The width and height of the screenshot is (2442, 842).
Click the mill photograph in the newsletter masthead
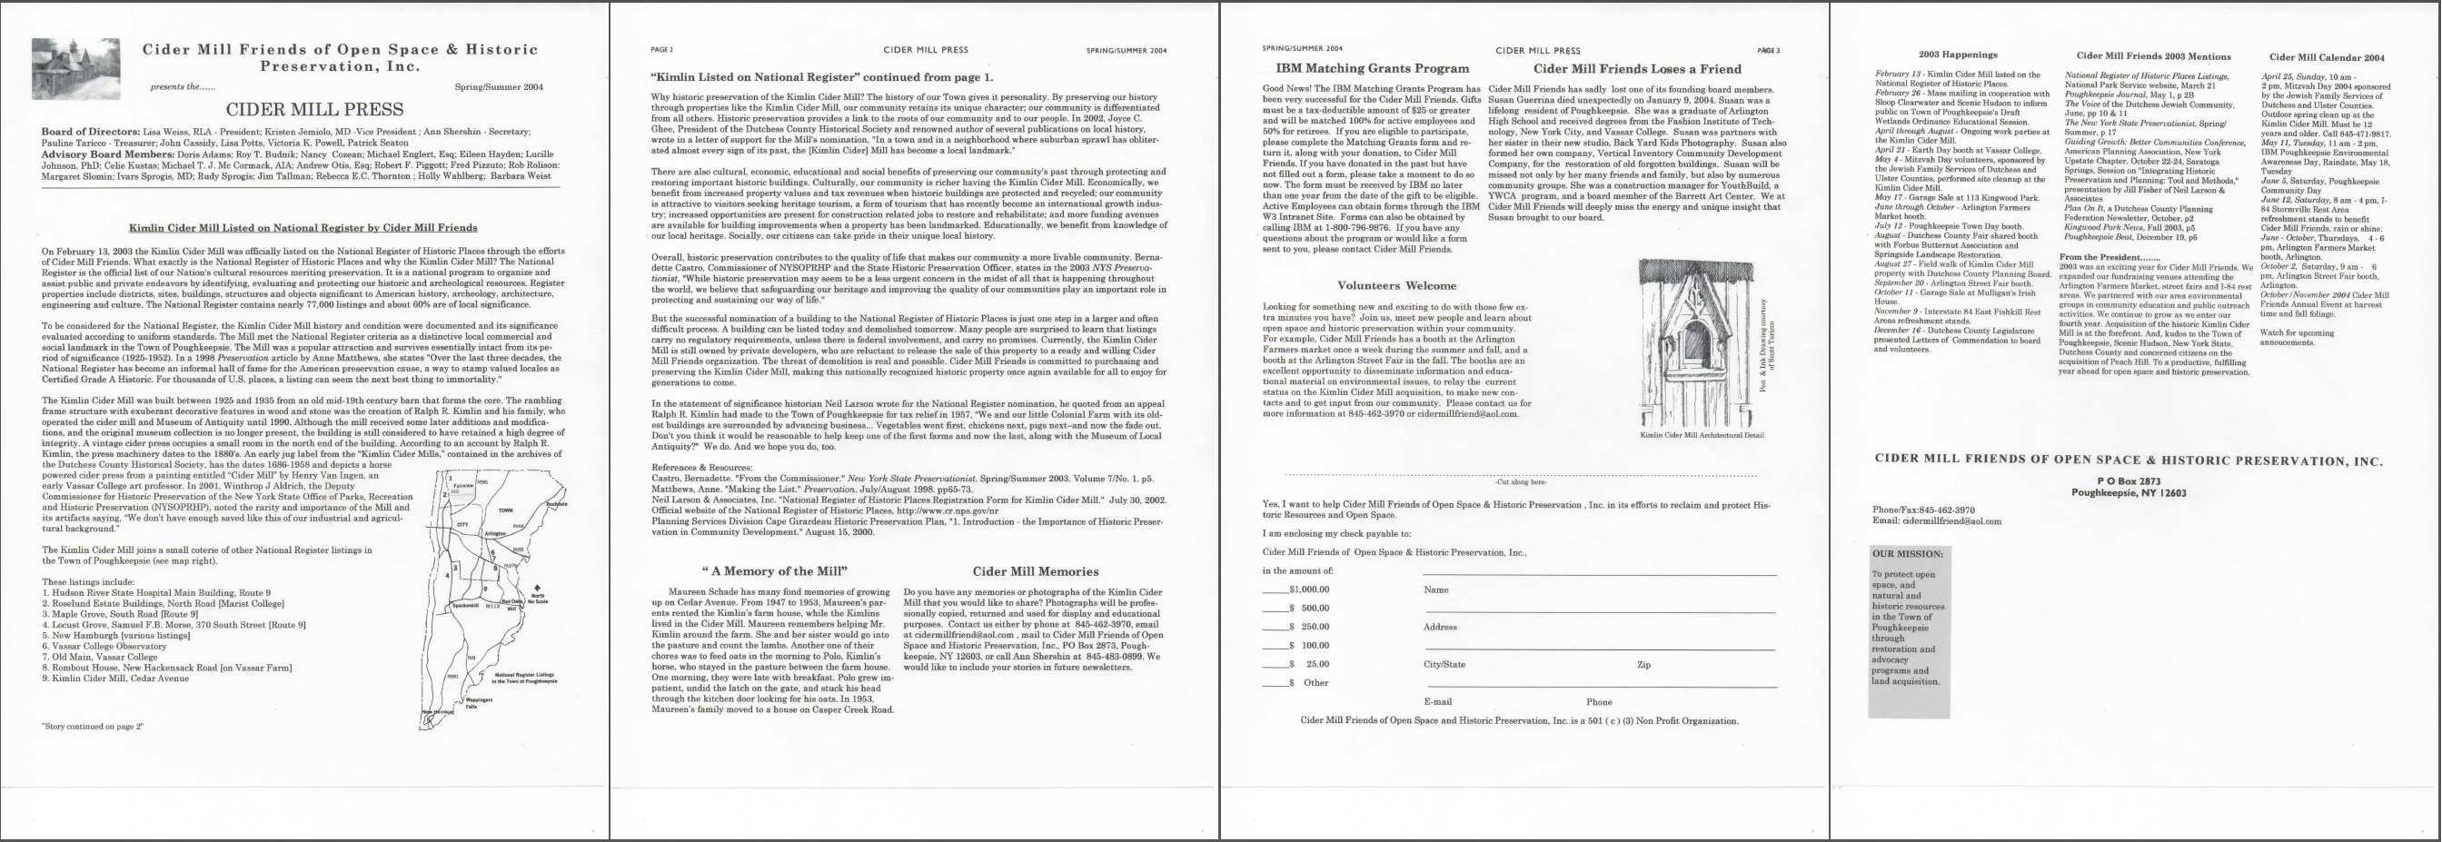(x=75, y=69)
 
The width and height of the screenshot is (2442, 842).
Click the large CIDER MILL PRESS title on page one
(x=302, y=110)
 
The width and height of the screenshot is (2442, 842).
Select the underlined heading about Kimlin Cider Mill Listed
(x=303, y=228)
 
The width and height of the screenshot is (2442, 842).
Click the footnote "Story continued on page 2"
(x=92, y=727)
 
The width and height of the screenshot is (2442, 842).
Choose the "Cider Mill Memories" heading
(x=1035, y=571)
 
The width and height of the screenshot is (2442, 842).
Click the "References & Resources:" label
(x=702, y=468)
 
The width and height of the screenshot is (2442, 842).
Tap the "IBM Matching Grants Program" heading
(x=1372, y=68)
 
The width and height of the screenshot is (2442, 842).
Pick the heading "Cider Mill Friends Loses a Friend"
(x=1637, y=68)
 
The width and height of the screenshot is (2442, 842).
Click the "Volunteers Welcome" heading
(x=1396, y=285)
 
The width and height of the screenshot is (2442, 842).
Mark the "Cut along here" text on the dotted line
(x=1520, y=482)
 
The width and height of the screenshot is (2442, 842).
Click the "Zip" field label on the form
(x=1643, y=665)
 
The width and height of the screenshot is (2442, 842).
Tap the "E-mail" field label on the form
(x=1437, y=701)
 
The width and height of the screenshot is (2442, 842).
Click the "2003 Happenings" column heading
(x=1958, y=55)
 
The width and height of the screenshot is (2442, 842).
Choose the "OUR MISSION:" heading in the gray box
(x=1907, y=554)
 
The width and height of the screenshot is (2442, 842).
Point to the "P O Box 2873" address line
(x=2128, y=481)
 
